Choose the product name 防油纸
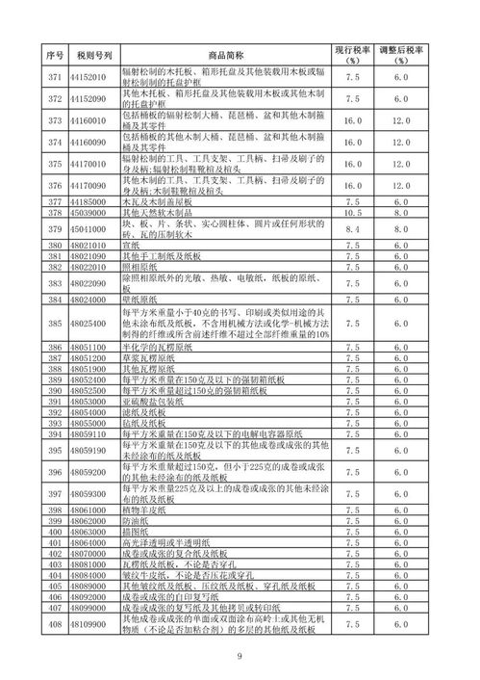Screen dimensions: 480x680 (x=136, y=518)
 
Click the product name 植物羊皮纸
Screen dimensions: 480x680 (x=141, y=508)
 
